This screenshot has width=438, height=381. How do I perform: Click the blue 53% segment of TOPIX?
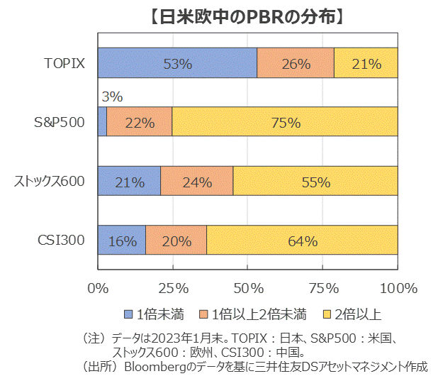[x=177, y=63]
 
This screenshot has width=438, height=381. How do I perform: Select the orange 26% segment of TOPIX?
[x=296, y=63]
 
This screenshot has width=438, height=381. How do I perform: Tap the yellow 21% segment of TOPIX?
[x=366, y=63]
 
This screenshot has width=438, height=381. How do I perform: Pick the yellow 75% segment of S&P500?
[x=285, y=122]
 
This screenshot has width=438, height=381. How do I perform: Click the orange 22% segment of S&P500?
[x=140, y=122]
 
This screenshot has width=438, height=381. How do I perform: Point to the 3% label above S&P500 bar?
[x=112, y=96]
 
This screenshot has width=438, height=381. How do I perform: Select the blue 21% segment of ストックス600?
[x=130, y=182]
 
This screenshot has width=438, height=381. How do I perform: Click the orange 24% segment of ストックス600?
[x=197, y=182]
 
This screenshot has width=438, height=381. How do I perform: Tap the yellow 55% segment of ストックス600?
[x=315, y=182]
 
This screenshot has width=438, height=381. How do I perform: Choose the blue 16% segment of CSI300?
[x=122, y=241]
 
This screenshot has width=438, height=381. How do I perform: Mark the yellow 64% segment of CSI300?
[x=302, y=241]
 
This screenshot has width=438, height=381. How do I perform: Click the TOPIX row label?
[x=64, y=63]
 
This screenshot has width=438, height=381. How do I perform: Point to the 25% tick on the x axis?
[x=173, y=288]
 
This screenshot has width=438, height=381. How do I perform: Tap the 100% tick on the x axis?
[x=398, y=288]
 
